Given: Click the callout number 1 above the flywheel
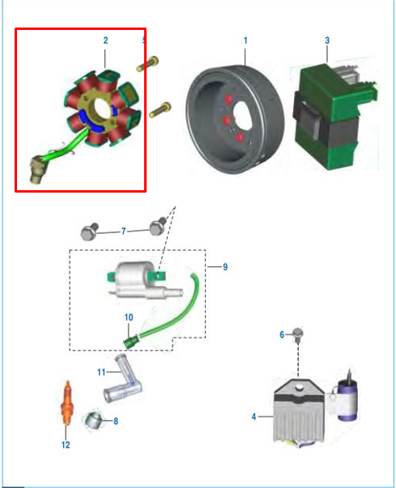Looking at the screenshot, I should (x=245, y=40).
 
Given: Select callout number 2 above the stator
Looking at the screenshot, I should (x=105, y=40).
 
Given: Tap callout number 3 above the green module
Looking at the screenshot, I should (x=326, y=40).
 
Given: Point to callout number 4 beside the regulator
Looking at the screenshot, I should (x=253, y=417).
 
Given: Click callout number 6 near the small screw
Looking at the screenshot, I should (x=282, y=333).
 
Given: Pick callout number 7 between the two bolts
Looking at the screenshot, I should (x=124, y=231).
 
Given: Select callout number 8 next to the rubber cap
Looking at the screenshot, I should (x=116, y=421).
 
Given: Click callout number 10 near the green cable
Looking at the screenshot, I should (x=128, y=318).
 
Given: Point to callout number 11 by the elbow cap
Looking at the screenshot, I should (x=101, y=372).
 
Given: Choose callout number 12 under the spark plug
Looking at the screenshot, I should (x=66, y=444).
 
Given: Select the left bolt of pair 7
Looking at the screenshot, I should (x=89, y=233).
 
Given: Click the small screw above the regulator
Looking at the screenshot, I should (x=298, y=333).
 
